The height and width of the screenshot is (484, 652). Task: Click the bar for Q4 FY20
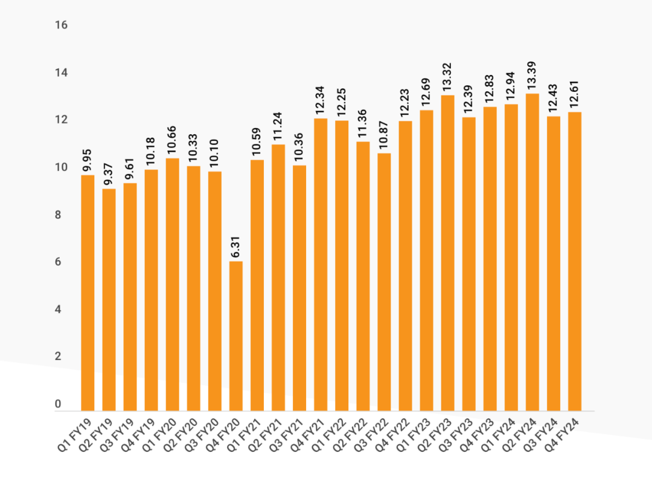point(236,336)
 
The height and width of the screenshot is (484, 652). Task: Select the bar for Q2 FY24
point(532,252)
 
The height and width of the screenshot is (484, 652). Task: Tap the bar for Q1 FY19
point(88,293)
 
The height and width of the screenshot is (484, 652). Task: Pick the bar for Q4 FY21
point(321,265)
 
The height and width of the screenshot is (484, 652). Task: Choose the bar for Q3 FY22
point(384,282)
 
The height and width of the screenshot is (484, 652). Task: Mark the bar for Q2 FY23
point(448,253)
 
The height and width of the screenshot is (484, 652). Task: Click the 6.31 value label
point(236,248)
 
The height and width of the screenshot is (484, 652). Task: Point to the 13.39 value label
point(532,76)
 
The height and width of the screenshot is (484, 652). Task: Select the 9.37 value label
point(109,175)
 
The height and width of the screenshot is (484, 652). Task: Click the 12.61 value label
point(575,95)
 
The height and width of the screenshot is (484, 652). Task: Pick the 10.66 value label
point(173,140)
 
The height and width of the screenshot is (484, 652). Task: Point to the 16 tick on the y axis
point(60,25)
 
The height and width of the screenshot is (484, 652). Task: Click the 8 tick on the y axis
point(58,215)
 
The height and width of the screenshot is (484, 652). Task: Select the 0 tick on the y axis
point(58,404)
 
